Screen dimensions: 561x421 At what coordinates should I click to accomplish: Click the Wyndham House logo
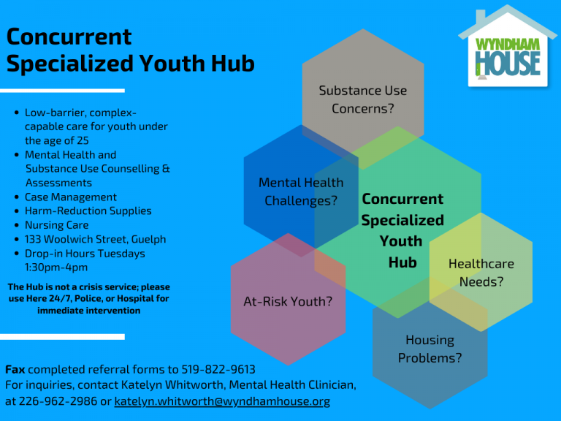(x=508, y=47)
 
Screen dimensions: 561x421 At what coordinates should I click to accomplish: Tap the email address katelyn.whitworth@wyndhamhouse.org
(x=222, y=401)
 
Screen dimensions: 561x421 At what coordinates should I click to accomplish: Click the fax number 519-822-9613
(x=218, y=369)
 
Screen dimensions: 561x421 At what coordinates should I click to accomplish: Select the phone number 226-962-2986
(x=58, y=401)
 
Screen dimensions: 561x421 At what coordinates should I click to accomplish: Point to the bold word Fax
(x=15, y=369)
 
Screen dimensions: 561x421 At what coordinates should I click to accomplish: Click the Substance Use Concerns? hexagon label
(x=363, y=99)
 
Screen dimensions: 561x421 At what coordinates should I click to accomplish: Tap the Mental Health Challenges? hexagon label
(x=301, y=191)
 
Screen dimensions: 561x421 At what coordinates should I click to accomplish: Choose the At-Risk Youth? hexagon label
(x=288, y=301)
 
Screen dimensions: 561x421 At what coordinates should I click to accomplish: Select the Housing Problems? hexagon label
(x=430, y=349)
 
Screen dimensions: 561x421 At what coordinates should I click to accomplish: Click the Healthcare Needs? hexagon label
(x=481, y=273)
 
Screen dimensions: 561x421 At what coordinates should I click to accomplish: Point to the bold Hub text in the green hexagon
(x=402, y=262)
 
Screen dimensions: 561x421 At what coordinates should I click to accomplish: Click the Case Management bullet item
(x=70, y=197)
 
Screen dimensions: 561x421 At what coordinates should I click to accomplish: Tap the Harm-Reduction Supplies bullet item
(x=88, y=210)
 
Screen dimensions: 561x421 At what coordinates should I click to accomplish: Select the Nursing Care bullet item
(x=56, y=225)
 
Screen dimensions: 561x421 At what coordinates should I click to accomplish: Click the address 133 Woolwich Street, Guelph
(x=95, y=239)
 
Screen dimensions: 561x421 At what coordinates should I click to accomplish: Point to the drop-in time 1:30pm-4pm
(x=56, y=268)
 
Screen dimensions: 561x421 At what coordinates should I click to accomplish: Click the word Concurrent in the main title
(x=69, y=37)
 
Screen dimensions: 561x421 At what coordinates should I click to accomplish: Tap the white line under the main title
(x=62, y=91)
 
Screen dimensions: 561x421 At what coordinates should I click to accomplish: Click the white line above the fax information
(x=62, y=336)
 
